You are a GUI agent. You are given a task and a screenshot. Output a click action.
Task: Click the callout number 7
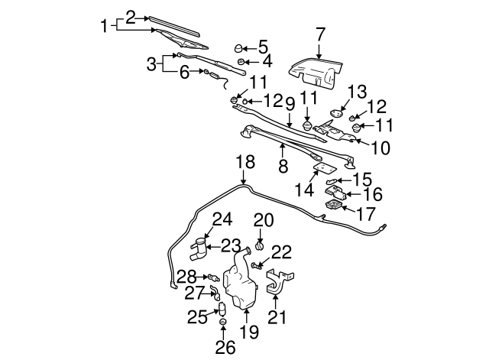(x=320, y=34)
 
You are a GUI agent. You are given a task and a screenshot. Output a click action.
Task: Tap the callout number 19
(x=250, y=332)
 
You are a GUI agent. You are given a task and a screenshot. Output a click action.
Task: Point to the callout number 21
(x=276, y=316)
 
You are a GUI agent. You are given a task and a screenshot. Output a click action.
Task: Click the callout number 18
(x=244, y=162)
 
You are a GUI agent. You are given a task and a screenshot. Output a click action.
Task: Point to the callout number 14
(x=305, y=189)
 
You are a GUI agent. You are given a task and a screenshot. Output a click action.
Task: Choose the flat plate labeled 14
(x=325, y=168)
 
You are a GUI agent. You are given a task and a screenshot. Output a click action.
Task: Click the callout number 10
(x=380, y=145)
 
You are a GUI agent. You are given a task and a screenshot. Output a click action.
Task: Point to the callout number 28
(x=187, y=275)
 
